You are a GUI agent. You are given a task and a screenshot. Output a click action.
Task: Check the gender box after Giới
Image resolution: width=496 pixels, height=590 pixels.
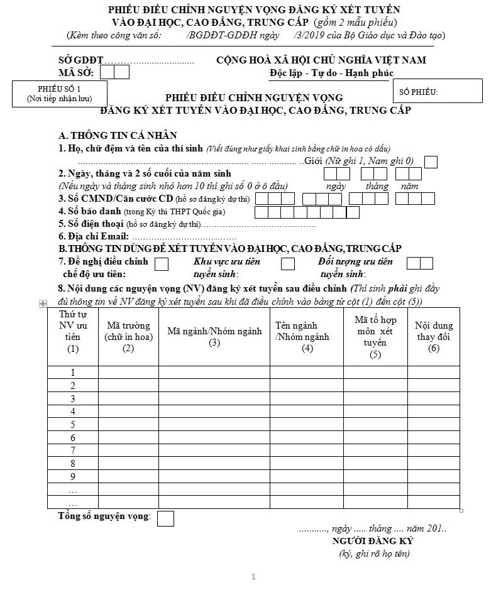(431, 161)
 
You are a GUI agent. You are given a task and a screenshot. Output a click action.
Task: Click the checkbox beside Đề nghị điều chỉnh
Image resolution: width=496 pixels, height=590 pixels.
(161, 264)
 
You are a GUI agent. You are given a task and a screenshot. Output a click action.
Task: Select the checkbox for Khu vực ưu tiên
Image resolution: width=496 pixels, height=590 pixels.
(287, 264)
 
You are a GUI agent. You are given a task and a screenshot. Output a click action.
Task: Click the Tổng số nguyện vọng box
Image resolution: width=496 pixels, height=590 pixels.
(165, 518)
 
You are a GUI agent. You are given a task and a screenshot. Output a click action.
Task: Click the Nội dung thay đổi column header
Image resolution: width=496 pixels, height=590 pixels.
(434, 337)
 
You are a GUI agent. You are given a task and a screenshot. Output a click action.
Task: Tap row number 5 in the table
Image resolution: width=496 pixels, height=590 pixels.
(73, 425)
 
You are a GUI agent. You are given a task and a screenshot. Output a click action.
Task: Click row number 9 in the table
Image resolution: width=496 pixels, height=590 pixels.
(73, 477)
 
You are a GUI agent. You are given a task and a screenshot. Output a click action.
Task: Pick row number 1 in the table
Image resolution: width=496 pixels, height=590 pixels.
(73, 373)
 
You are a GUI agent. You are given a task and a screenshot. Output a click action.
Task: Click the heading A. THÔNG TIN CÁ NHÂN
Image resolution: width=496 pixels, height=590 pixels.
(118, 135)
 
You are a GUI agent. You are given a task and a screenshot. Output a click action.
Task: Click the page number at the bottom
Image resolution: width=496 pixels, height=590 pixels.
(253, 576)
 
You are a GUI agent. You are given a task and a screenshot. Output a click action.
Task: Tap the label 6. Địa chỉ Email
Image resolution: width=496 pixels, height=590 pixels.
(94, 236)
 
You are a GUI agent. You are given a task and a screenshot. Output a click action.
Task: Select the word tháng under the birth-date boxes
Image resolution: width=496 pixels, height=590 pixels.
(377, 186)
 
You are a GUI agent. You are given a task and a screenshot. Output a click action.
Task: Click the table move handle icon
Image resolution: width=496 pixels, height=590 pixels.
(43, 303)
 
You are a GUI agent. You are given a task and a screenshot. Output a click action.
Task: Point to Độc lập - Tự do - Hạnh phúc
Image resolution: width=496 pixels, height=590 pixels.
(331, 73)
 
